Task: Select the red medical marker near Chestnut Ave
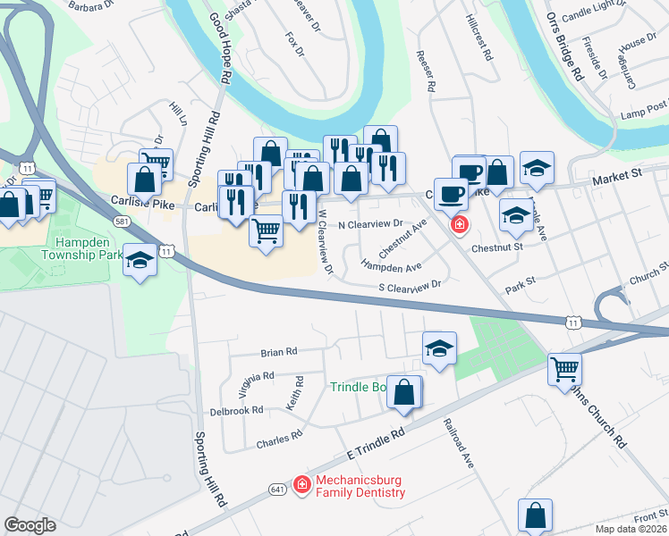click(x=459, y=224)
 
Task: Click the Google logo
click(x=30, y=525)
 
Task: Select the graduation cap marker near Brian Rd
click(x=439, y=349)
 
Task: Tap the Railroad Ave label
click(x=457, y=442)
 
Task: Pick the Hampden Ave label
click(x=391, y=266)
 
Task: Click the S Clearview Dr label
click(x=411, y=286)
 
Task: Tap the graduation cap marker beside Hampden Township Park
click(x=139, y=260)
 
